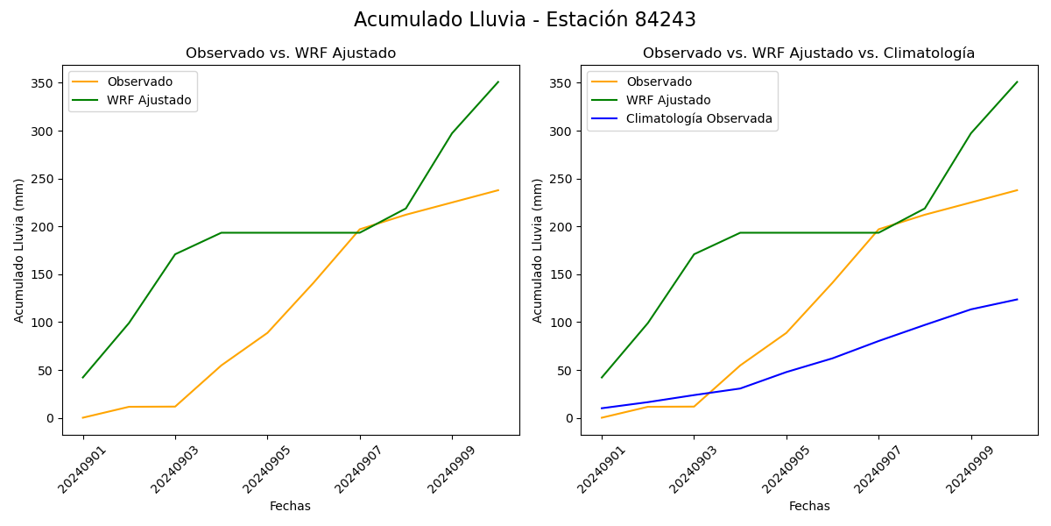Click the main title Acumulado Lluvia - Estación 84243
(x=525, y=20)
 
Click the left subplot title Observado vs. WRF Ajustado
(x=290, y=53)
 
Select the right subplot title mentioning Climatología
(x=808, y=53)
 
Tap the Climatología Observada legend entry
(x=698, y=119)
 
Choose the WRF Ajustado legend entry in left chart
(x=149, y=101)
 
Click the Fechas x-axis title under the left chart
(x=290, y=507)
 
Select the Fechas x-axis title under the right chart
(x=808, y=507)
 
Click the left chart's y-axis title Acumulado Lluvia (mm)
(x=19, y=251)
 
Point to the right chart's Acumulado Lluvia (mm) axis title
(x=538, y=251)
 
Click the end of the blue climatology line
(x=1017, y=300)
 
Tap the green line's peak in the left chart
(x=498, y=82)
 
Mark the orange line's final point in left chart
(x=498, y=190)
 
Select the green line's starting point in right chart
(x=602, y=378)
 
